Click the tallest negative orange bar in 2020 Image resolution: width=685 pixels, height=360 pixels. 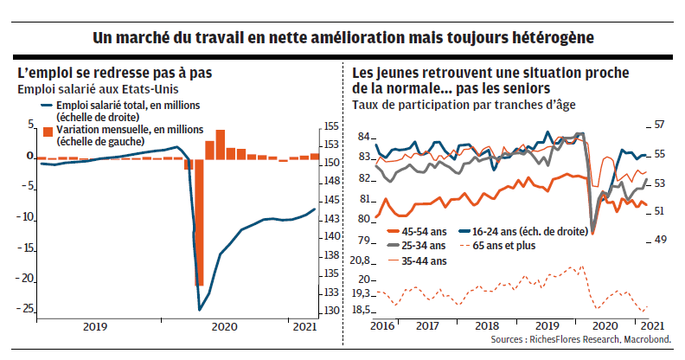point(199,222)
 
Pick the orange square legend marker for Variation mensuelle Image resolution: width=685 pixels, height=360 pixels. point(48,131)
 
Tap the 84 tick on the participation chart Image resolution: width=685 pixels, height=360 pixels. point(364,137)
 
